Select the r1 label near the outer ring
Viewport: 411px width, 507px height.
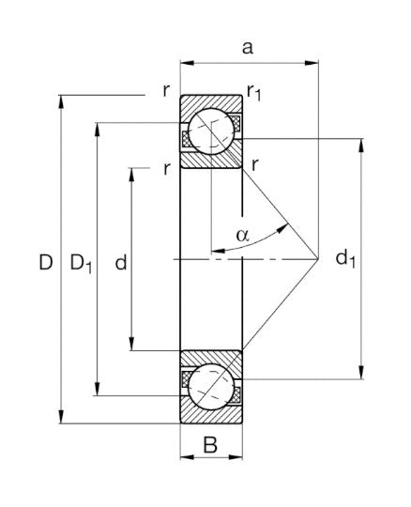(253, 91)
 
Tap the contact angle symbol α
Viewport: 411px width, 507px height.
(242, 234)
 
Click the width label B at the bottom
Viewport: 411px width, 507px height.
(211, 446)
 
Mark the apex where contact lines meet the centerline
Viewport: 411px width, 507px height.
(318, 256)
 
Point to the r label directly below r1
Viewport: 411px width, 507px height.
(255, 166)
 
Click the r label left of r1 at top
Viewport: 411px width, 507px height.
(165, 92)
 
